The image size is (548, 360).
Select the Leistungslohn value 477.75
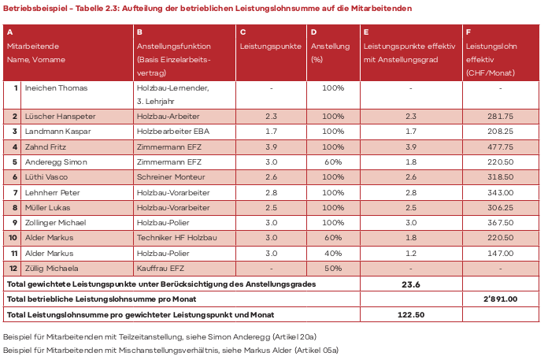(x=499, y=147)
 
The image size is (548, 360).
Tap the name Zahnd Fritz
(x=45, y=147)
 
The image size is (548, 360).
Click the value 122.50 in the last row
(x=410, y=314)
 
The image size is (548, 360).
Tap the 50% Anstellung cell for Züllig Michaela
(x=333, y=268)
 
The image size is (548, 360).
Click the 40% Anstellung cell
(x=333, y=253)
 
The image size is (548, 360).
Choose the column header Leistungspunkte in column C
(x=270, y=46)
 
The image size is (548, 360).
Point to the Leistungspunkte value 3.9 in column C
(x=270, y=147)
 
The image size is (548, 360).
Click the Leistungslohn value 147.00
(x=499, y=253)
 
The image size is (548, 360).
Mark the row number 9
(x=15, y=222)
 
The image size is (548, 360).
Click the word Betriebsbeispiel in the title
(x=30, y=8)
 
